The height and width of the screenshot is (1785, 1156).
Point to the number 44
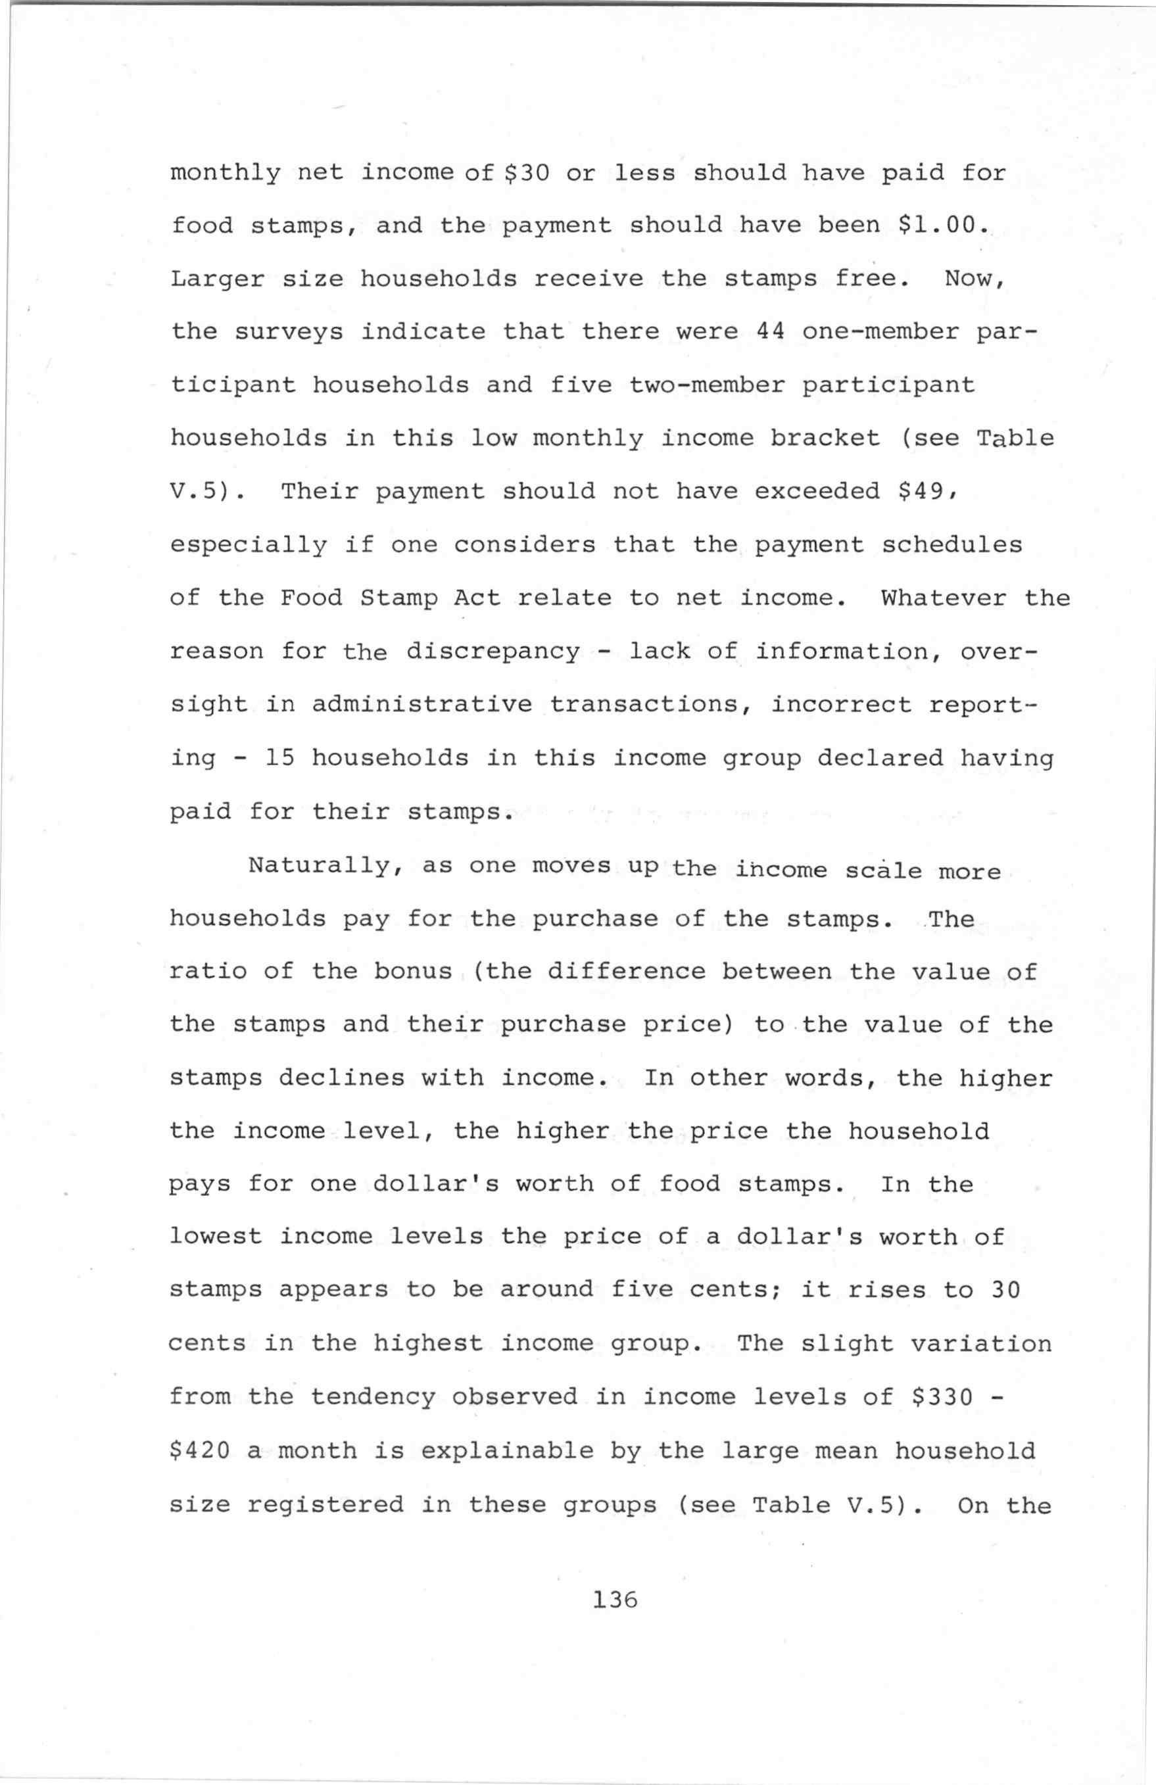coord(771,331)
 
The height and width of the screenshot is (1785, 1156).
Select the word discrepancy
coord(493,651)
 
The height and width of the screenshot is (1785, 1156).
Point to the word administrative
coord(421,705)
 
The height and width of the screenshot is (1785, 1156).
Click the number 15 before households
coord(281,758)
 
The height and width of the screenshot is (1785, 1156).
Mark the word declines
coord(342,1078)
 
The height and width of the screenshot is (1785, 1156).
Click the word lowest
coord(216,1237)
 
